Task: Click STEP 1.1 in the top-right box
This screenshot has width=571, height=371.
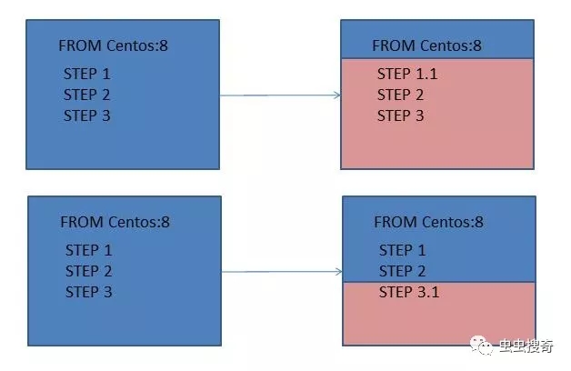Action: tap(407, 74)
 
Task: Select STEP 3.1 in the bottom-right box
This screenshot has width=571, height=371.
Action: tap(409, 292)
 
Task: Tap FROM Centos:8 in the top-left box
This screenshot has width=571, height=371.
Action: tap(114, 45)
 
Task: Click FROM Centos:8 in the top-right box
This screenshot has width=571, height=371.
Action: tap(426, 45)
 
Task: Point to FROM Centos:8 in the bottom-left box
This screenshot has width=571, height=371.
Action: tap(115, 222)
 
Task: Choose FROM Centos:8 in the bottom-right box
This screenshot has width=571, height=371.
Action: tap(428, 222)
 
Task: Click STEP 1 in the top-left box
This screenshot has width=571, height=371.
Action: tap(87, 74)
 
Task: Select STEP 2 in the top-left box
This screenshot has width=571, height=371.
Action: tap(87, 95)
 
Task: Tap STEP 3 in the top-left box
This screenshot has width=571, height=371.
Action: tap(87, 115)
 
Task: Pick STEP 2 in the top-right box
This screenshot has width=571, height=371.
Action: tap(401, 95)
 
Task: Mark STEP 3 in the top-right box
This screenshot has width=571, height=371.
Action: tap(401, 115)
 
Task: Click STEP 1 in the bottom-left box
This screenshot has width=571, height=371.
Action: tap(89, 250)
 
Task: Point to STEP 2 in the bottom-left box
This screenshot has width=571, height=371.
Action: tap(89, 271)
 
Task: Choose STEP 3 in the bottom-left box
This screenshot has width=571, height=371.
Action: tap(89, 292)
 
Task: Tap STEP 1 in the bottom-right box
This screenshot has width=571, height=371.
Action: tap(403, 250)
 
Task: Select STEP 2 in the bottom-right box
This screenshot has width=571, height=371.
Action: tap(403, 271)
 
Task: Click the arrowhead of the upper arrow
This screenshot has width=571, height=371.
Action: tap(337, 95)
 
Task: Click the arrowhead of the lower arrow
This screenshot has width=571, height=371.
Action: tap(339, 272)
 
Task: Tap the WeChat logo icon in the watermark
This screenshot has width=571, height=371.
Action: tap(481, 346)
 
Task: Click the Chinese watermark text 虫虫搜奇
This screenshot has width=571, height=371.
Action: tap(526, 346)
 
